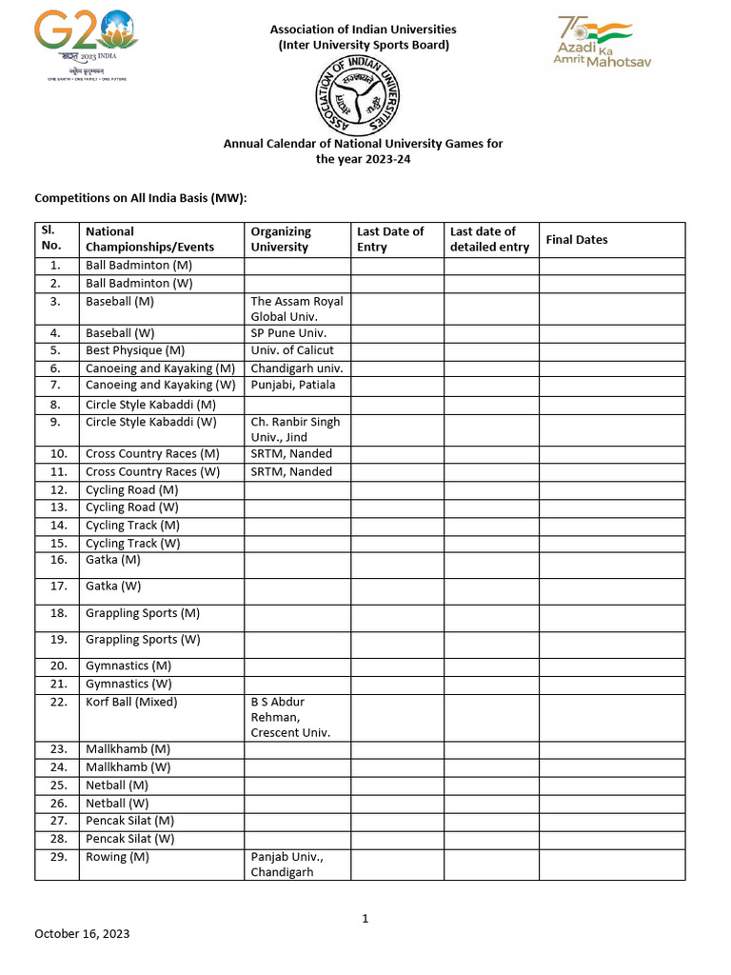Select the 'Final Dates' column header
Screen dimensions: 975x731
(x=577, y=240)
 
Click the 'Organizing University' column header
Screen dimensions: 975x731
(x=281, y=239)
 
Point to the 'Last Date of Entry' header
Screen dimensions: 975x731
(x=390, y=239)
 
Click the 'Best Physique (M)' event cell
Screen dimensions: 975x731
(x=135, y=350)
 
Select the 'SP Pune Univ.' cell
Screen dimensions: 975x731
(x=288, y=333)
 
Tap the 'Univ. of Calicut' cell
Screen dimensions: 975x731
(x=291, y=350)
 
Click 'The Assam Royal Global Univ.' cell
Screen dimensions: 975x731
(x=296, y=308)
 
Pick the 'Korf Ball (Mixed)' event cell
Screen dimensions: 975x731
(x=131, y=703)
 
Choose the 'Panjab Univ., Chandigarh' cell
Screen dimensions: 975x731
(x=286, y=865)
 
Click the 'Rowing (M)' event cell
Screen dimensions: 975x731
(x=117, y=857)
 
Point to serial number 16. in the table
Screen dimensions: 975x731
(x=56, y=561)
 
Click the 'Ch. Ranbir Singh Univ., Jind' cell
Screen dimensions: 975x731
(x=295, y=429)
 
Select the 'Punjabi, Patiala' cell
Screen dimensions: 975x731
(x=292, y=386)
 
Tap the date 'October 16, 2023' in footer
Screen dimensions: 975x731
(x=82, y=934)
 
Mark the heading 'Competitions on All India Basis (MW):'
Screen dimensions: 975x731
(x=141, y=198)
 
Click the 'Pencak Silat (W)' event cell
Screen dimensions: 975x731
(x=130, y=839)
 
